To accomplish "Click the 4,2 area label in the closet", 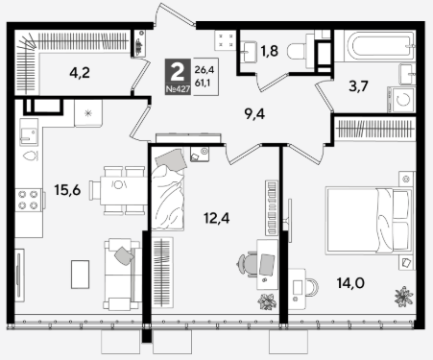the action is tap(80, 73).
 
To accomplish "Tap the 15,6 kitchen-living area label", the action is tap(67, 190).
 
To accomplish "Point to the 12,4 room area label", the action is tap(217, 219).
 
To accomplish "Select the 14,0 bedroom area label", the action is tap(350, 283).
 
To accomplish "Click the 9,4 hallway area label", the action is tap(254, 114).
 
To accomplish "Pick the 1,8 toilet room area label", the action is tap(270, 51).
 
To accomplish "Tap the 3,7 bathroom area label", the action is tap(358, 86).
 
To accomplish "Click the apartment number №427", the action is tap(178, 90).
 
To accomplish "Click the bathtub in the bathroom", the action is tap(374, 46).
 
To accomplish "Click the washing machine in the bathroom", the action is tap(401, 100).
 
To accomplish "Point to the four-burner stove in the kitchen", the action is tap(28, 200).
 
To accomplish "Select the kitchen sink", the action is tap(29, 132).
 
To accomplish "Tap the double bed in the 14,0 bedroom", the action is tap(369, 221).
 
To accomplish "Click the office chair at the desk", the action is tap(248, 264).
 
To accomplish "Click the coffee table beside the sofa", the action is tap(80, 275).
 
